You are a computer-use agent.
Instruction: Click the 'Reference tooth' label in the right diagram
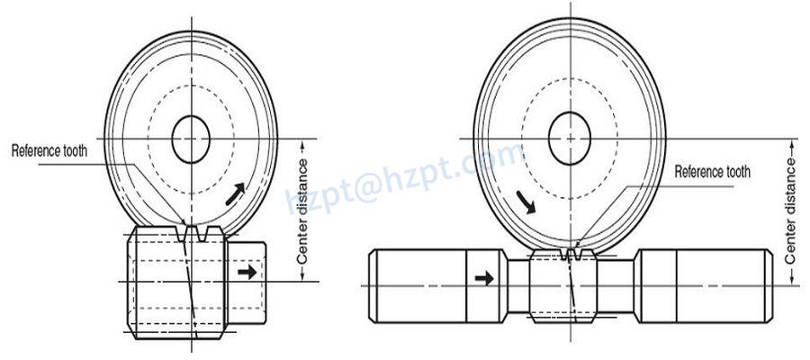(x=712, y=172)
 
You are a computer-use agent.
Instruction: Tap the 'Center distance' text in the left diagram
(x=303, y=211)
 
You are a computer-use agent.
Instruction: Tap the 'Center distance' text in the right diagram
(x=790, y=210)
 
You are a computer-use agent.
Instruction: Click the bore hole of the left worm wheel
(x=190, y=139)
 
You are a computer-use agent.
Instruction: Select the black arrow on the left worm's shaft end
(x=244, y=270)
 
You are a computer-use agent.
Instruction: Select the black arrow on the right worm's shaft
(x=483, y=278)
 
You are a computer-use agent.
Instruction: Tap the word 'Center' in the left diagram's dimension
(x=303, y=239)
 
